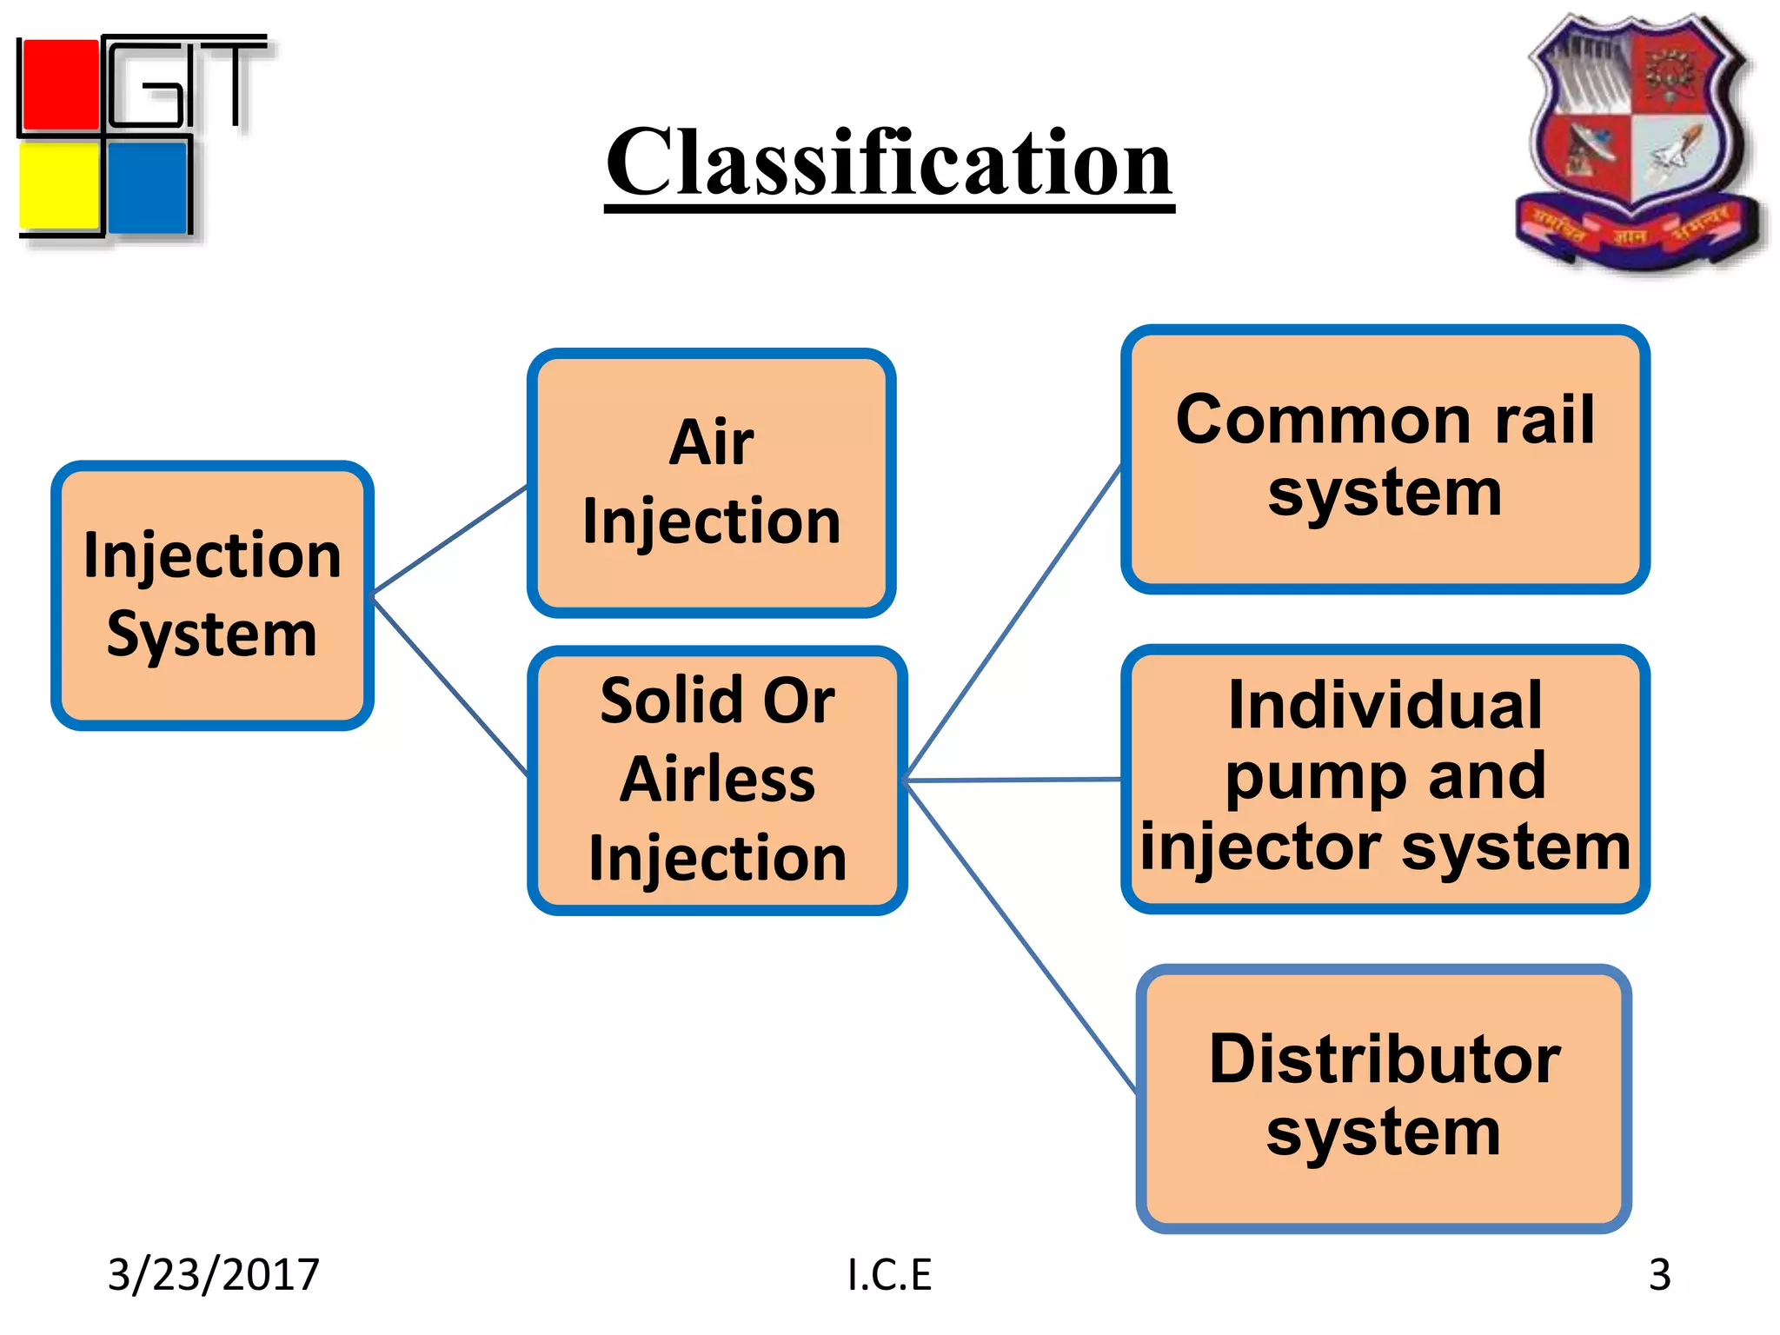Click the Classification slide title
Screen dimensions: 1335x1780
pos(888,163)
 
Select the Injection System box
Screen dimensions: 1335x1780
pos(212,595)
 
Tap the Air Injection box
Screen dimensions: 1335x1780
pos(711,483)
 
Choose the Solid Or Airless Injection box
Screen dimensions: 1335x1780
pos(717,780)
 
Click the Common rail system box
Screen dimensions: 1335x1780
pos(1385,458)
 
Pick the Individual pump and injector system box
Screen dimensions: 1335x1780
pos(1385,778)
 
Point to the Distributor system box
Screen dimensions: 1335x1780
pos(1383,1098)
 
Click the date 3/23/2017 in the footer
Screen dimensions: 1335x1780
pos(213,1274)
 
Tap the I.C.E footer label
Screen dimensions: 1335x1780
pos(889,1274)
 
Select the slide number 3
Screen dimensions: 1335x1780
pos(1659,1274)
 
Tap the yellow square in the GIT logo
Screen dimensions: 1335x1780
pos(59,187)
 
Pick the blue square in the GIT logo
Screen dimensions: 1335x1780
pos(148,187)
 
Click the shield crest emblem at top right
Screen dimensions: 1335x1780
pos(1637,139)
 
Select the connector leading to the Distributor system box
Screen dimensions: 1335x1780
pos(1021,935)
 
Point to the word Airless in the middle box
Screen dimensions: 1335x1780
pos(717,780)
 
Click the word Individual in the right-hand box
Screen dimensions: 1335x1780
pos(1385,705)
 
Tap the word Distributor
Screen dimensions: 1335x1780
pos(1385,1060)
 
